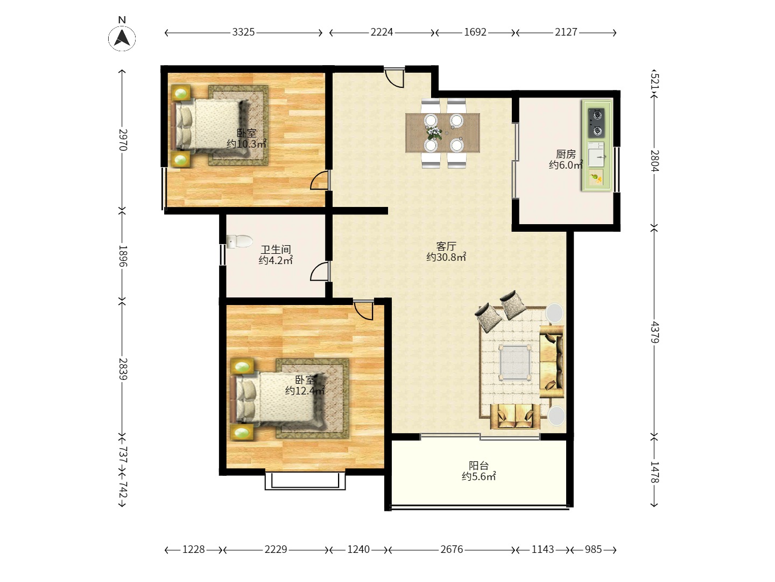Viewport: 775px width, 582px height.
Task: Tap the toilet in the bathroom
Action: (x=239, y=241)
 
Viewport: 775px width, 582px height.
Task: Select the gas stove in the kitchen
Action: (x=596, y=123)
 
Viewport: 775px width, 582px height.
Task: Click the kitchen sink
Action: (x=596, y=155)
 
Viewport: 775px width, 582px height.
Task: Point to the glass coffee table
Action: (x=515, y=362)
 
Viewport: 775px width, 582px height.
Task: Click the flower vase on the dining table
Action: (x=434, y=133)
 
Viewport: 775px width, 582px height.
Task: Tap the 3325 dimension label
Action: (x=243, y=32)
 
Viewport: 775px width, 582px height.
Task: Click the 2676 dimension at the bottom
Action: (x=452, y=549)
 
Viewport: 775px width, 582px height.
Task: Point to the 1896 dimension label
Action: (x=122, y=256)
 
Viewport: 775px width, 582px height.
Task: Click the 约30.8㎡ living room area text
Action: (x=446, y=257)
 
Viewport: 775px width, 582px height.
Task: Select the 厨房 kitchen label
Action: (x=566, y=154)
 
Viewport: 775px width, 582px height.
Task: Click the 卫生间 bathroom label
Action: (x=276, y=250)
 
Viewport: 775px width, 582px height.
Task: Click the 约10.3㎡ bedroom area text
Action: (x=246, y=144)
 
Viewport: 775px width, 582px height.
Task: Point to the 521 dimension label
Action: (x=654, y=81)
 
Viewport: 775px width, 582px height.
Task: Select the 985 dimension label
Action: (x=593, y=549)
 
